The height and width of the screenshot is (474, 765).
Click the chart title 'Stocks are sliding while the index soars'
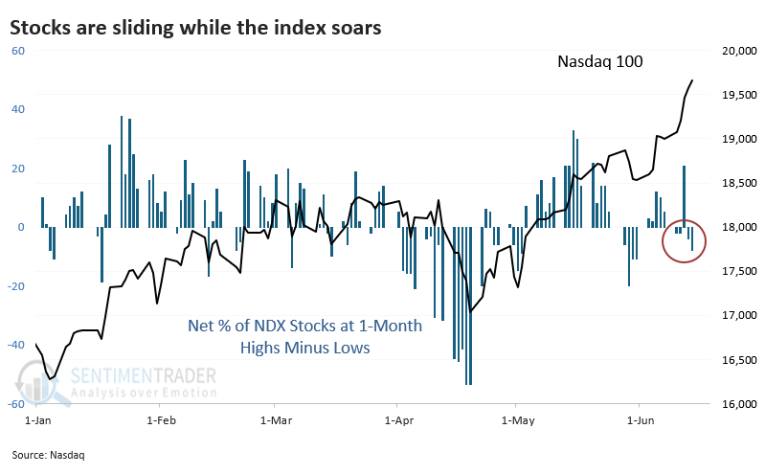coord(196,28)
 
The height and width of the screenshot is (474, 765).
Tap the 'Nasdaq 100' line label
coord(600,61)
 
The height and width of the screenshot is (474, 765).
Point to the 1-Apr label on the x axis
coord(398,419)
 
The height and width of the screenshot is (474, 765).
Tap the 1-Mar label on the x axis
coord(275,419)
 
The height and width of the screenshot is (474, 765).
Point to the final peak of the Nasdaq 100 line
coord(693,80)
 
